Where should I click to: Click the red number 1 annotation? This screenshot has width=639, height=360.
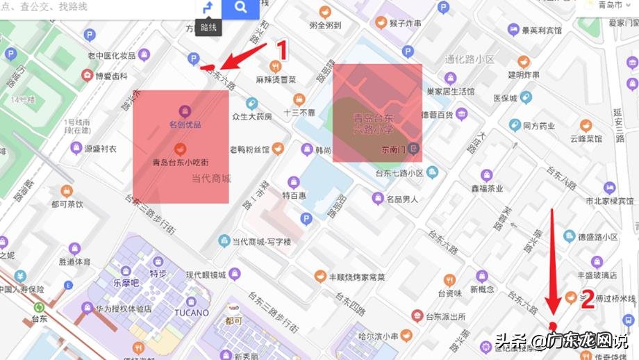[x=281, y=51]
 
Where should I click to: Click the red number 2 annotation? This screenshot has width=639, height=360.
[x=587, y=300]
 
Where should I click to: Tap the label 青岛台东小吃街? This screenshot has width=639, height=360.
[x=181, y=163]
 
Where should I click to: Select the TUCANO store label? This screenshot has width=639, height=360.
[x=192, y=313]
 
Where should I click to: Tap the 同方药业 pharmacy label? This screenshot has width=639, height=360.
[x=539, y=126]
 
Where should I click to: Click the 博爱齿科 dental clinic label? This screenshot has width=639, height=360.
[x=111, y=75]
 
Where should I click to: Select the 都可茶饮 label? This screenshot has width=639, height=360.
[x=67, y=204]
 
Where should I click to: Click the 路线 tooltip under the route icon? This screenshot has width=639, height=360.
[x=208, y=28]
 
